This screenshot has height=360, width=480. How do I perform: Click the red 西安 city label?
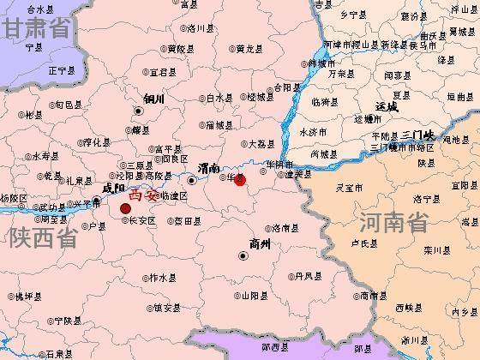(x=143, y=195)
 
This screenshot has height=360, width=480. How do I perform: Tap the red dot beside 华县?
(x=240, y=180)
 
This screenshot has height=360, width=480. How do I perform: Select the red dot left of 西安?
(x=126, y=207)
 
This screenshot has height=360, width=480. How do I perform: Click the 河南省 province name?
(x=393, y=223)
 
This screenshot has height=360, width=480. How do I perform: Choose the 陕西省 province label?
(x=39, y=238)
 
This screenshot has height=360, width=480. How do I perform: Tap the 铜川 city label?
(x=153, y=99)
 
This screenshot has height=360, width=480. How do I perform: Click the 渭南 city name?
(x=208, y=167)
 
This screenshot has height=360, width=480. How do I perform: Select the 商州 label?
(x=259, y=244)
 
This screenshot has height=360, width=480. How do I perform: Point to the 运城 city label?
(x=387, y=107)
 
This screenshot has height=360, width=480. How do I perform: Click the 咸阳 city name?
(x=113, y=188)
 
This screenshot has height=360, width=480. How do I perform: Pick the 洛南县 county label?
(x=286, y=228)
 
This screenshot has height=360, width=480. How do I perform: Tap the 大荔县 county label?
(x=262, y=144)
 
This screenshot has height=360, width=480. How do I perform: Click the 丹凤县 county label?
(x=309, y=276)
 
